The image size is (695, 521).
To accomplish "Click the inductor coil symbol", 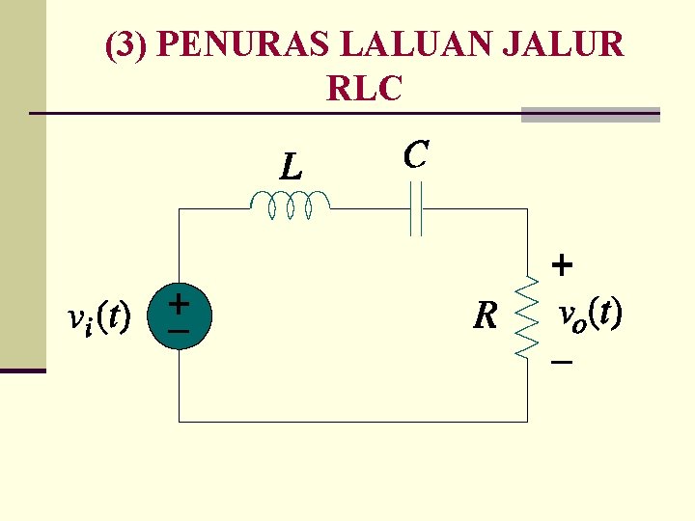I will (290, 205).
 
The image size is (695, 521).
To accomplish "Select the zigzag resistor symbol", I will (527, 317).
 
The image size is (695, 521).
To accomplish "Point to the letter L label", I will (291, 168).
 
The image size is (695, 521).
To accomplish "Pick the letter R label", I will (486, 315).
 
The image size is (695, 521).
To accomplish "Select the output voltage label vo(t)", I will (590, 313).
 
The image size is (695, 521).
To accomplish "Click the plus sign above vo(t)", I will (562, 263).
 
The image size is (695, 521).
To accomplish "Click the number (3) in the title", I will (125, 45).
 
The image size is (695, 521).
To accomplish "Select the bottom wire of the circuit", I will (353, 422).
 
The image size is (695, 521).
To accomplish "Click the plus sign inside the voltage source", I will (179, 303).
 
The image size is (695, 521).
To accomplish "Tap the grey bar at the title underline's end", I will (590, 114).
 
